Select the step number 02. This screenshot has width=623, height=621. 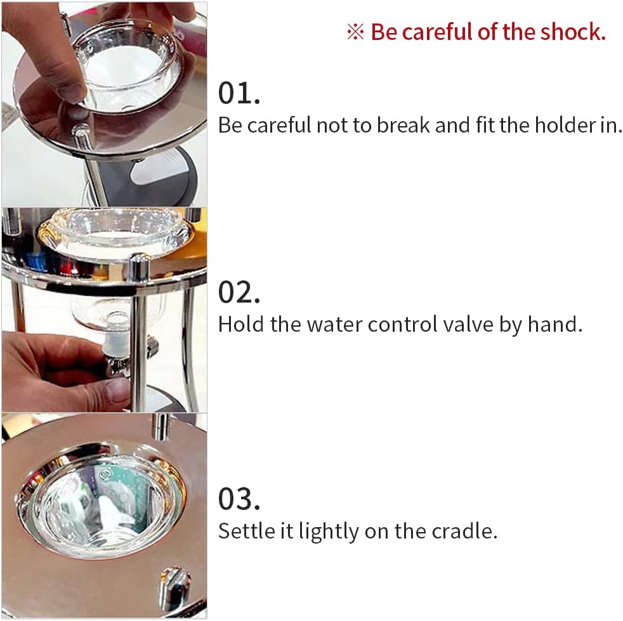click(239, 292)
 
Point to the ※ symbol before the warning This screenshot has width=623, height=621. click(355, 32)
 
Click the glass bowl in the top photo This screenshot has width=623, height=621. click(130, 63)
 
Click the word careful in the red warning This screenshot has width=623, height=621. click(444, 32)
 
